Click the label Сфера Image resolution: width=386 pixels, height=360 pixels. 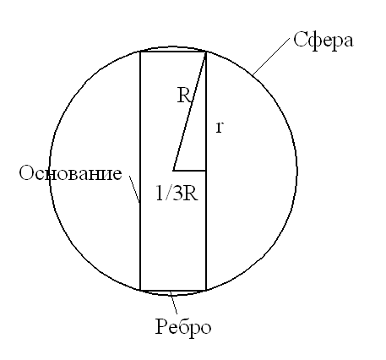pos(323,41)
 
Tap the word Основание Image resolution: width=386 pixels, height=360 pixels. pos(70,172)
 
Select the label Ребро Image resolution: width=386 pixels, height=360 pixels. pos(183,328)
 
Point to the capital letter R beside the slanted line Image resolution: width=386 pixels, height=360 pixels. pos(184,95)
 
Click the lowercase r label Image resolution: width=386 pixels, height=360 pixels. pos(220,128)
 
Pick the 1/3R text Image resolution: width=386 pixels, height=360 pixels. pos(177,194)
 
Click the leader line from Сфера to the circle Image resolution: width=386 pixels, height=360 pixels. pos(271,57)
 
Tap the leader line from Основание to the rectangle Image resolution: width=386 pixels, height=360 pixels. pos(134,189)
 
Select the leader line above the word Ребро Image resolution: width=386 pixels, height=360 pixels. pos(173,303)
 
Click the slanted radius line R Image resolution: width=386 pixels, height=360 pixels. pos(189,112)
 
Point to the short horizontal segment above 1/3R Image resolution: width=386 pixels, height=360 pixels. pos(189,171)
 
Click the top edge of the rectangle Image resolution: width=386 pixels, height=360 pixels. pos(173,52)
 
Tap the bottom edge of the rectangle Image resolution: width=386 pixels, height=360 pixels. pos(173,290)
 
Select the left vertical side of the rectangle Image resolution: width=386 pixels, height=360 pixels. pos(140,171)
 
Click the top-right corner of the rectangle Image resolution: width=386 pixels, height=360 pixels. pos(206,52)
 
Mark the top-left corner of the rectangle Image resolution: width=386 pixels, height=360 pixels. pos(140,52)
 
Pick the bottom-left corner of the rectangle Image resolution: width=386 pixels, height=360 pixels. pos(140,290)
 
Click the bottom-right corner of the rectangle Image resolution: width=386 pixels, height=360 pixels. pos(206,290)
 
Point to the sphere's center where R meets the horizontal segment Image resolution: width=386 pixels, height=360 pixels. pos(173,171)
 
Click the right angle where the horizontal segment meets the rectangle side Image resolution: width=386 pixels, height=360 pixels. pos(206,171)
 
